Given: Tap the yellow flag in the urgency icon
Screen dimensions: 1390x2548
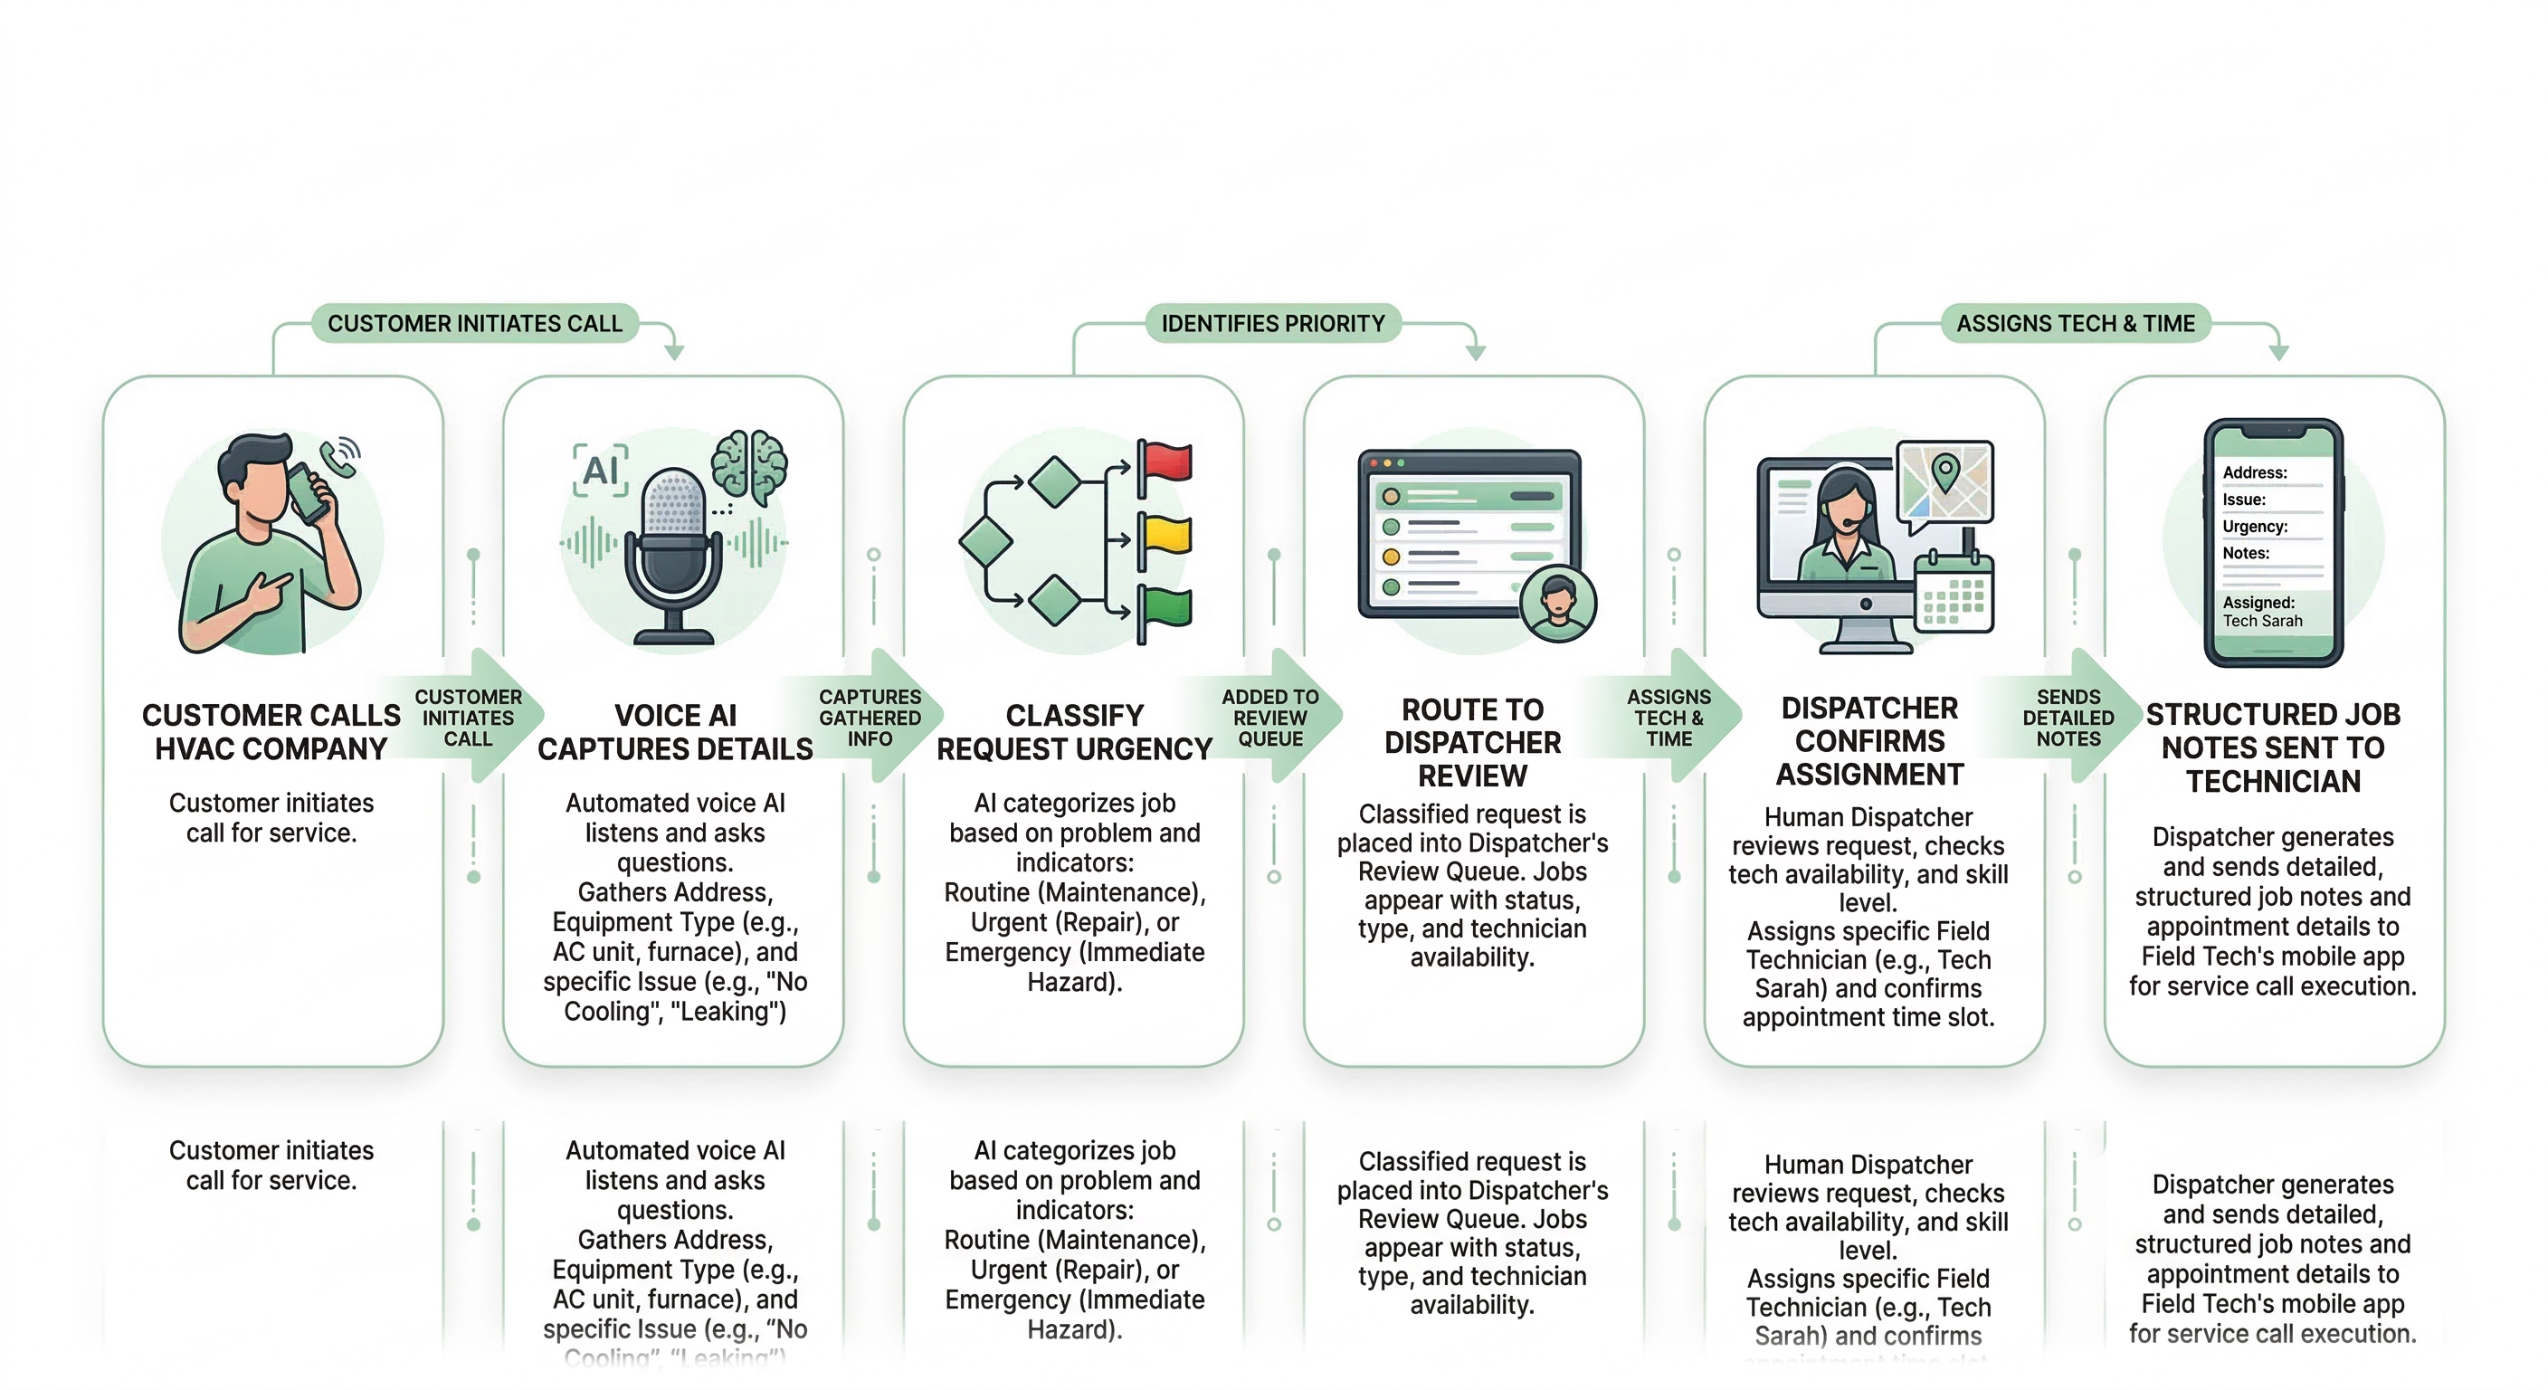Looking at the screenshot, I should coord(1167,535).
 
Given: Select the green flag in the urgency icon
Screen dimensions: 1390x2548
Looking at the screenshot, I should coord(1167,606).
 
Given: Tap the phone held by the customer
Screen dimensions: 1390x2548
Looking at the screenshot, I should coord(309,492).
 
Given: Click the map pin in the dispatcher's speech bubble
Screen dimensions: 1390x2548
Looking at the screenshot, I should coord(1944,471).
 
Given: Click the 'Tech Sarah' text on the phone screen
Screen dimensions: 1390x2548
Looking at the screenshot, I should coord(2262,622).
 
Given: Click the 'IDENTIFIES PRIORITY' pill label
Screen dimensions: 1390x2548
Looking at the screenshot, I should coord(1272,323).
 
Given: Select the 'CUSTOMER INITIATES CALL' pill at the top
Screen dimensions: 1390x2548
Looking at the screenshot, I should coord(475,323).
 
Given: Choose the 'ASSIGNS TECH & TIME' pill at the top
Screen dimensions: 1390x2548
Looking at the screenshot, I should coord(2075,323).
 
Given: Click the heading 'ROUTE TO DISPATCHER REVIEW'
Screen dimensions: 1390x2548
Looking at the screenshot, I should coord(1472,742).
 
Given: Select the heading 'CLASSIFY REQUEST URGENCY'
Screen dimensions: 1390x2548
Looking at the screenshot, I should coord(1074,732).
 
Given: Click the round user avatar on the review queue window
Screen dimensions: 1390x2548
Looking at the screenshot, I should coord(1558,604).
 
